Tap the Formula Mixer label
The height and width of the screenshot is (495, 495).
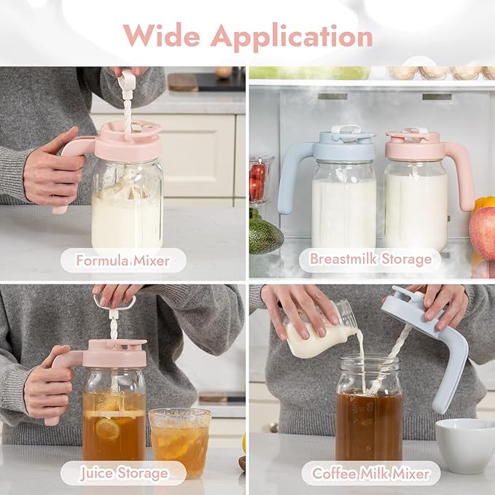pos(122,260)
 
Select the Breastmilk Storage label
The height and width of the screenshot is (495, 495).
pos(370,260)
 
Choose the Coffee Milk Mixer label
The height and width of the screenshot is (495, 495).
pos(370,473)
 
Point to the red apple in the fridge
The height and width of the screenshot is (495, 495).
pos(483,232)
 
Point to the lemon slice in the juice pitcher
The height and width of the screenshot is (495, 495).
pos(108,429)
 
